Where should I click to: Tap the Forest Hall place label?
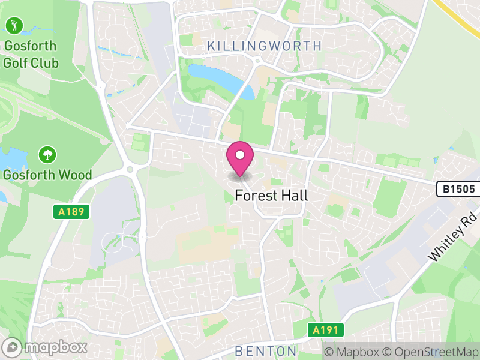271,196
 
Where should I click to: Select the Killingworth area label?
264,46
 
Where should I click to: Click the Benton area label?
266,351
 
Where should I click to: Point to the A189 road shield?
71,212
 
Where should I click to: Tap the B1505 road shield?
458,190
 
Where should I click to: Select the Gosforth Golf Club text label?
31,54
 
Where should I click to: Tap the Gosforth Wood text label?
47,175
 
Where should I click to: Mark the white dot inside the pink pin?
240,155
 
